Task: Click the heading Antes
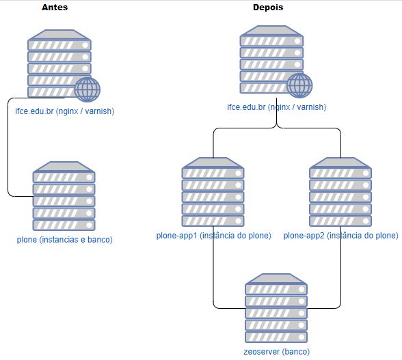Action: pyautogui.click(x=55, y=8)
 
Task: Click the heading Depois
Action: pyautogui.click(x=268, y=8)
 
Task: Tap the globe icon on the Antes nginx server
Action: pyautogui.click(x=88, y=89)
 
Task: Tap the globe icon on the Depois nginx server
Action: pyautogui.click(x=299, y=85)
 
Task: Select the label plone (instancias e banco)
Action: pyautogui.click(x=64, y=240)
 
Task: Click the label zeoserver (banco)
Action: pyautogui.click(x=276, y=352)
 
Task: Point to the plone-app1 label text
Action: pyautogui.click(x=213, y=236)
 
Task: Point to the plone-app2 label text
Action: pyautogui.click(x=340, y=236)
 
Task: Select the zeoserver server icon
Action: pyautogui.click(x=276, y=308)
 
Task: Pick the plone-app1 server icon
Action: pyautogui.click(x=213, y=192)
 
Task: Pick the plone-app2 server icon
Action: pyautogui.click(x=340, y=192)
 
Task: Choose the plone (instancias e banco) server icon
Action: pyautogui.click(x=64, y=196)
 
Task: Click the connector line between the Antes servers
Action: pyautogui.click(x=8, y=147)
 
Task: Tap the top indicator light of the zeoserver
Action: pyautogui.click(x=301, y=290)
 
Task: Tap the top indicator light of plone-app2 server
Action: pyautogui.click(x=366, y=174)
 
